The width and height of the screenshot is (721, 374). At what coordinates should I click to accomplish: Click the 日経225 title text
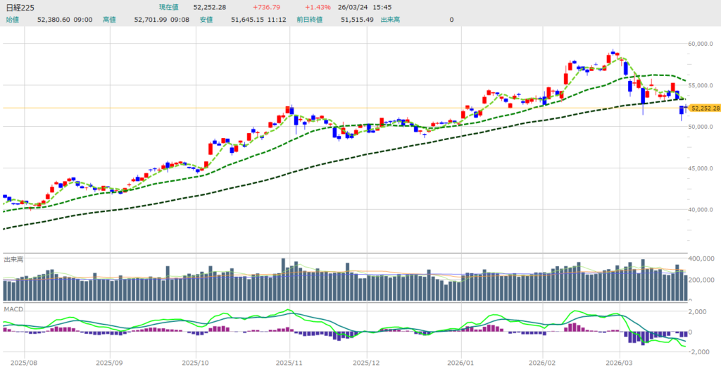[x=20, y=8]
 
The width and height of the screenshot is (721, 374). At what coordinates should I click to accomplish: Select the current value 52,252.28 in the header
[x=211, y=8]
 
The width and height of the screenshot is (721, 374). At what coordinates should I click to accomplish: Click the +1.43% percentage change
[x=317, y=8]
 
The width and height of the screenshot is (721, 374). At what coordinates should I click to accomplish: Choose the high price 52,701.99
[x=151, y=20]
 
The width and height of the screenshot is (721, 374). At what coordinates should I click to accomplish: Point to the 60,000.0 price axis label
[x=703, y=44]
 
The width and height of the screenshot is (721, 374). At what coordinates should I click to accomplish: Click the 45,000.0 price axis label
[x=703, y=168]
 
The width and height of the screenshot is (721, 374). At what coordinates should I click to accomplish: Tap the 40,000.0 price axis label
[x=703, y=210]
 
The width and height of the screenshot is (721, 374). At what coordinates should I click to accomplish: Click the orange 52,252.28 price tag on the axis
[x=705, y=108]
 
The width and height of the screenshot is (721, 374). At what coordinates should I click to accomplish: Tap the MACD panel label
[x=13, y=309]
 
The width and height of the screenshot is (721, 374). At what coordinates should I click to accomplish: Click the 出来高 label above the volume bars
[x=13, y=259]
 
